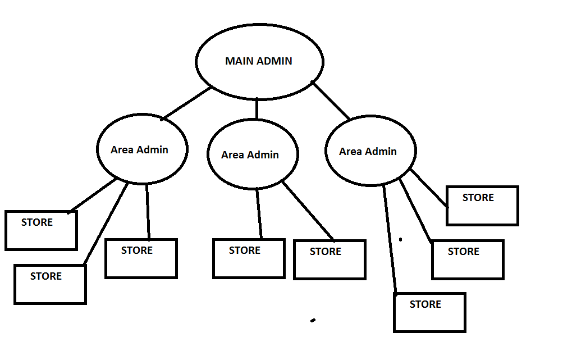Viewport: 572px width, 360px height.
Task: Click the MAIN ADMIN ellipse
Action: click(x=259, y=62)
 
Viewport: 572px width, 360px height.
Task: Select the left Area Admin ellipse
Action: click(x=141, y=149)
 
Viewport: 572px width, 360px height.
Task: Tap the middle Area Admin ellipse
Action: click(x=253, y=154)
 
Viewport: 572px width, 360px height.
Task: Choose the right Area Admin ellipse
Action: click(x=370, y=151)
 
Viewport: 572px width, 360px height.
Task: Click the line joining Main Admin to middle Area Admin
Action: click(x=257, y=108)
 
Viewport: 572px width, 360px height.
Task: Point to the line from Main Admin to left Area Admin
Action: click(x=187, y=103)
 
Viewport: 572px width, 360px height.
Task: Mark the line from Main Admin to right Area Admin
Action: click(x=331, y=101)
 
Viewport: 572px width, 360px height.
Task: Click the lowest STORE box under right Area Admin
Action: click(x=429, y=312)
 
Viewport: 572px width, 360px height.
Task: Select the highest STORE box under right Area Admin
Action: click(x=482, y=206)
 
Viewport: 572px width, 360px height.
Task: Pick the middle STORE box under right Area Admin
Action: click(x=468, y=259)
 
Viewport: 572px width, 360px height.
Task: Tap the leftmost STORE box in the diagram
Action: click(x=41, y=230)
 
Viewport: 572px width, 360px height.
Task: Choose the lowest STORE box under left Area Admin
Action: click(x=50, y=284)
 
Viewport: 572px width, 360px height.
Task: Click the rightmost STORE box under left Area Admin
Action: click(x=141, y=258)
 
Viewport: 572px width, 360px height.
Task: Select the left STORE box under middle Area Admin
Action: click(x=249, y=258)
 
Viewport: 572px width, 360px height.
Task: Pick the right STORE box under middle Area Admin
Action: click(x=330, y=259)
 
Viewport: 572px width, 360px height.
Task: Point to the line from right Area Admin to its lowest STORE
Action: click(x=390, y=239)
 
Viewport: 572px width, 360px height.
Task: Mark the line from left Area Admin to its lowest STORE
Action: click(x=106, y=224)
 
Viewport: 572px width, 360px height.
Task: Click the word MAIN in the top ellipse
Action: click(x=237, y=61)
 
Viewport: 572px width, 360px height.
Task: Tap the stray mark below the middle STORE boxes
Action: click(x=313, y=321)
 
